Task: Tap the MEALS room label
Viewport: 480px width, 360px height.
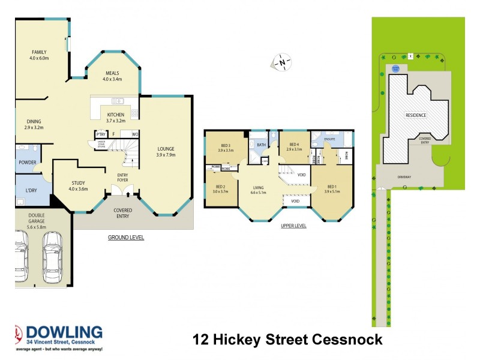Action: click(x=112, y=74)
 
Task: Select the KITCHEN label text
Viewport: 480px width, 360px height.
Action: click(x=116, y=115)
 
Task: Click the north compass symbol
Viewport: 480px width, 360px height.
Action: click(x=282, y=61)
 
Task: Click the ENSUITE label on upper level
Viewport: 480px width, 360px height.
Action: click(x=329, y=139)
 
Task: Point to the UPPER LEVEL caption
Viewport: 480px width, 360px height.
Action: click(x=293, y=226)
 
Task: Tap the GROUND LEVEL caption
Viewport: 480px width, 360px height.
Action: click(x=125, y=238)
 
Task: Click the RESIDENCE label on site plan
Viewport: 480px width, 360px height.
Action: click(x=416, y=115)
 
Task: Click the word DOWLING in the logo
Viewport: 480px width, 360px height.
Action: click(x=68, y=333)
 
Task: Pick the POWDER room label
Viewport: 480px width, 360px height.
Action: click(x=27, y=163)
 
